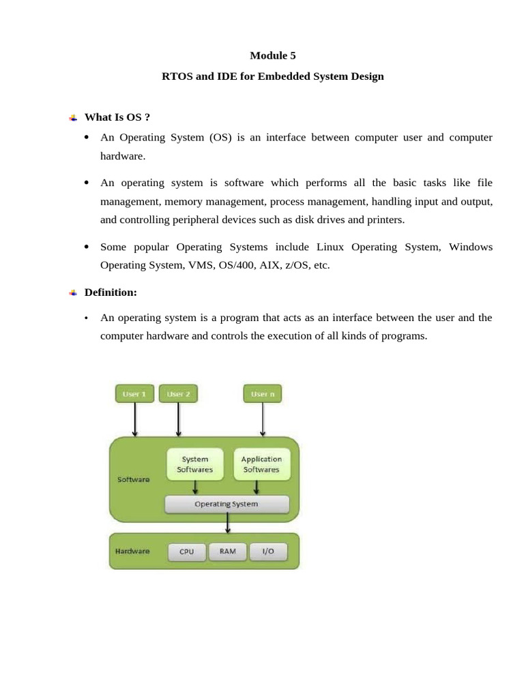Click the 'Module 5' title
click(x=272, y=56)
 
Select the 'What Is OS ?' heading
click(x=117, y=117)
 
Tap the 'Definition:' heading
click(x=111, y=292)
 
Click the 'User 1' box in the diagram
click(x=134, y=394)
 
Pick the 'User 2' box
click(x=178, y=394)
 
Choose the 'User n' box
click(x=263, y=394)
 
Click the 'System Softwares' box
click(x=195, y=464)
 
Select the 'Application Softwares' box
click(x=261, y=464)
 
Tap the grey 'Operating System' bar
click(x=227, y=504)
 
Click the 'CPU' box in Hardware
click(x=186, y=551)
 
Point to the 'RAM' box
click(x=227, y=551)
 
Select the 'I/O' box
click(x=267, y=551)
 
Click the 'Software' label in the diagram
click(x=134, y=479)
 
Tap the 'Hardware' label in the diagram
click(x=132, y=551)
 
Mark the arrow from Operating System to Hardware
click(x=227, y=523)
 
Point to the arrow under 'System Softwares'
click(x=195, y=487)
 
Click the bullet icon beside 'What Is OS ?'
click(x=73, y=118)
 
